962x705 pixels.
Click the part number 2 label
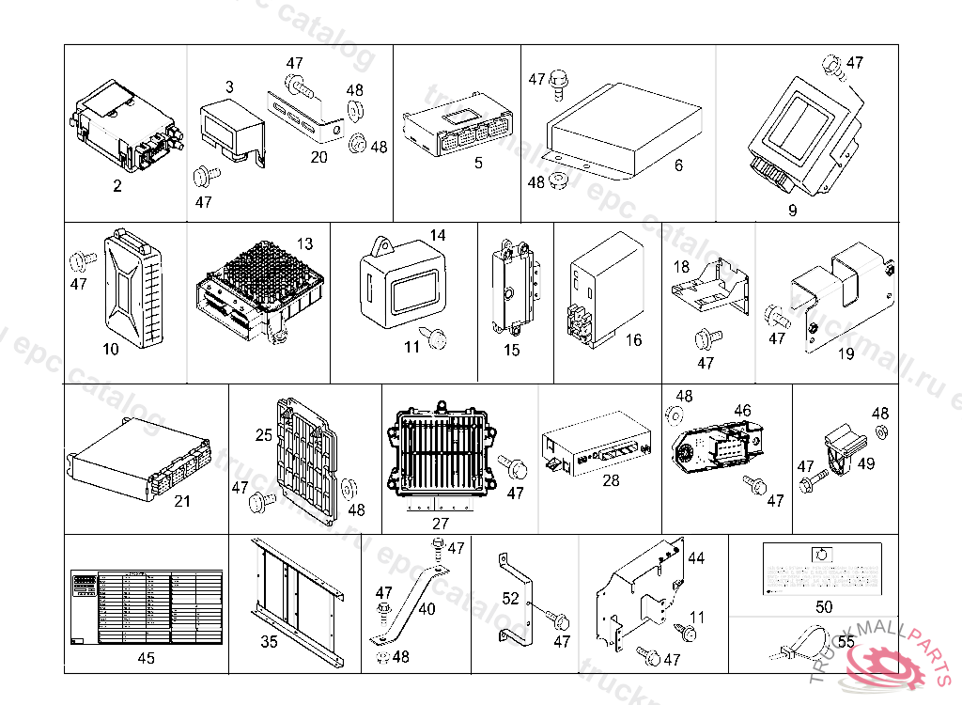(x=117, y=186)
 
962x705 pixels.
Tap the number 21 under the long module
(x=182, y=501)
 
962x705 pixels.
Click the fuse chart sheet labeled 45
(x=147, y=606)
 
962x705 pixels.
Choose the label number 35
(x=269, y=643)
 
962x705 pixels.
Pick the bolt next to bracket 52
(x=560, y=619)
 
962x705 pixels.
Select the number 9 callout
(x=792, y=211)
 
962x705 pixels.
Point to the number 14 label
(x=438, y=235)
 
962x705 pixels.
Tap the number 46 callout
(x=742, y=410)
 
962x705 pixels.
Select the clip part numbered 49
(x=842, y=446)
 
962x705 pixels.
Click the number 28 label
(x=611, y=480)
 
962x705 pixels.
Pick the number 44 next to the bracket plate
(x=695, y=558)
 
